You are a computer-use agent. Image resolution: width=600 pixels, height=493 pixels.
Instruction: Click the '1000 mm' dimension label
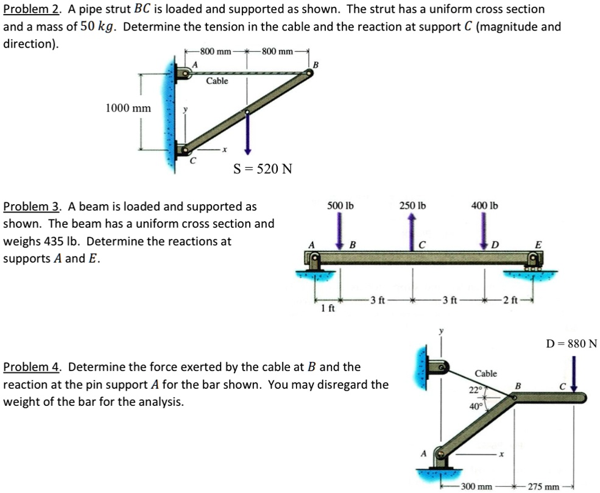coord(128,108)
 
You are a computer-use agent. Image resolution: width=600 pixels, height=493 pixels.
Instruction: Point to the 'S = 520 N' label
coord(263,169)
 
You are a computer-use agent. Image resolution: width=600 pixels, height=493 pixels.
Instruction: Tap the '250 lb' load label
coord(412,205)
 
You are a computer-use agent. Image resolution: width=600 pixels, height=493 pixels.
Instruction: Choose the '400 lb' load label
coord(484,205)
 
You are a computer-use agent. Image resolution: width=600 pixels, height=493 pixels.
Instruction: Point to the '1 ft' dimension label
coord(327,308)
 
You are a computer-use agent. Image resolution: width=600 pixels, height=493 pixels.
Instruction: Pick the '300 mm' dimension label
coord(476,486)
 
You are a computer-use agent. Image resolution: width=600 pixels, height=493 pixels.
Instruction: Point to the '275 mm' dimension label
coord(544,486)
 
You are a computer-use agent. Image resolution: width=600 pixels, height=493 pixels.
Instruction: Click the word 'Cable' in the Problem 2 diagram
coord(217,81)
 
